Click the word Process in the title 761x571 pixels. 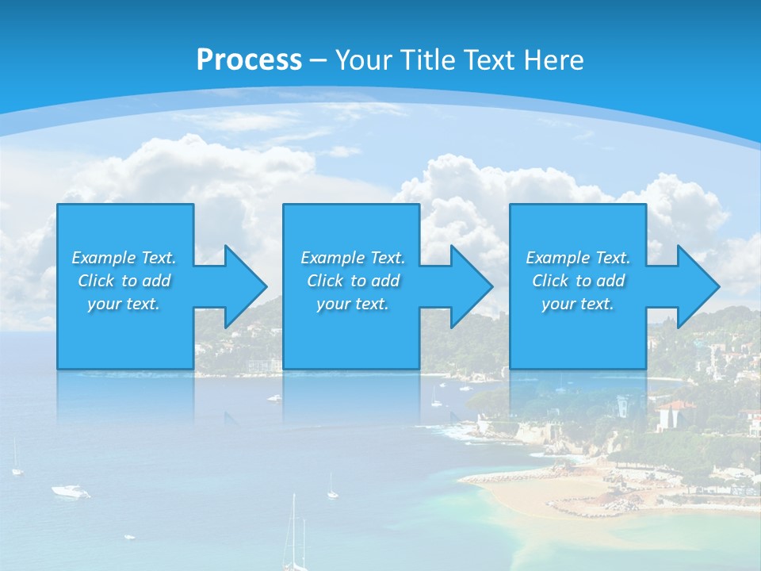249,60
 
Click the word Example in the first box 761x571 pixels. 104,258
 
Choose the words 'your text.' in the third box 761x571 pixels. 577,304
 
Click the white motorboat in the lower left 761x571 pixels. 71,492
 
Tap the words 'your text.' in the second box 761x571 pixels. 352,304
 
